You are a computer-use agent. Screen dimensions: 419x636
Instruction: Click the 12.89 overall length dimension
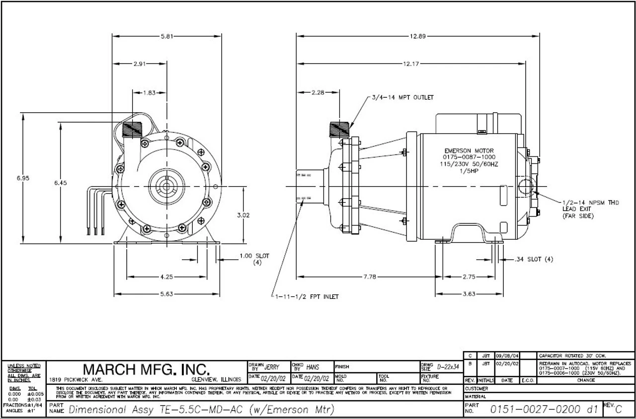[x=417, y=36]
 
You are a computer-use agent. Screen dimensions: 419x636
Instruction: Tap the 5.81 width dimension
[x=167, y=36]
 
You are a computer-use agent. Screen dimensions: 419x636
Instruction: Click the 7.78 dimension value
[x=369, y=277]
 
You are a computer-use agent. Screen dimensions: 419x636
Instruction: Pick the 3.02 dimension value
[x=243, y=215]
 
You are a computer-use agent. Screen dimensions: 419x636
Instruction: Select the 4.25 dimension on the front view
[x=166, y=277]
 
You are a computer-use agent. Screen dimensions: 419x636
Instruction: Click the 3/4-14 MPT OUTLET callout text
[x=402, y=97]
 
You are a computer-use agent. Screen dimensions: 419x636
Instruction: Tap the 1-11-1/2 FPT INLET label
[x=307, y=297]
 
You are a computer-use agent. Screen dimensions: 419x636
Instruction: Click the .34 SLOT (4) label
[x=534, y=259]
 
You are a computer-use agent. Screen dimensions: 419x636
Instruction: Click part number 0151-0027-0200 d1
[x=544, y=410]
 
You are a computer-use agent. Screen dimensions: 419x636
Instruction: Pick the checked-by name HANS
[x=313, y=367]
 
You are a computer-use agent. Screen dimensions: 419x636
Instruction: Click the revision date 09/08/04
[x=507, y=355]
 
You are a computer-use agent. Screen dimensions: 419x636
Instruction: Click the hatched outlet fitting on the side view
[x=339, y=129]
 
